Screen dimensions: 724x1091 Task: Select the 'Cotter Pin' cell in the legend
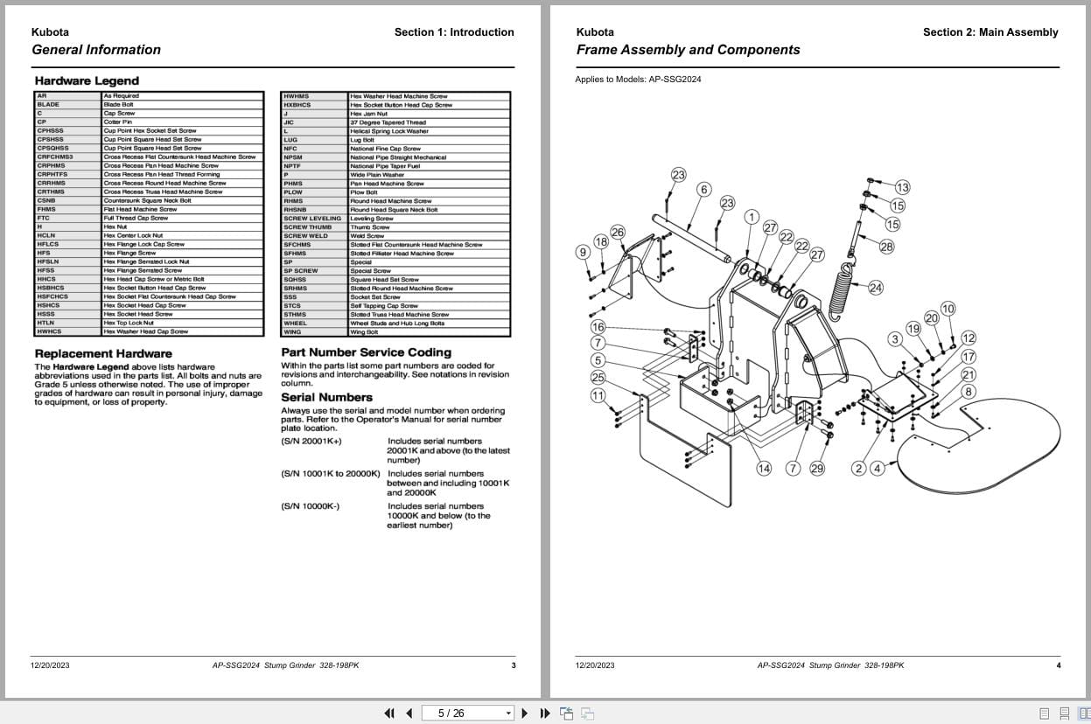(118, 122)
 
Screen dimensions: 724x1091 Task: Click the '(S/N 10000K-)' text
(311, 506)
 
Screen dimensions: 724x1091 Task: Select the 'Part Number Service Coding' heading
(366, 352)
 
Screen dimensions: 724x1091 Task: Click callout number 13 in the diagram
(902, 187)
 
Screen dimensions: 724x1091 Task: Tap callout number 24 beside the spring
(875, 287)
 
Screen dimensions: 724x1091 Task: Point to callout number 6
(704, 190)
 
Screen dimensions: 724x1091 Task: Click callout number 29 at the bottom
(817, 469)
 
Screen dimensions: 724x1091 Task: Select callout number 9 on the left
(583, 253)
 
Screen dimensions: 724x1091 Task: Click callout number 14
(764, 469)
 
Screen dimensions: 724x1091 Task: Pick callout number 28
(886, 247)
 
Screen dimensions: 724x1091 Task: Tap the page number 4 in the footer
(1058, 665)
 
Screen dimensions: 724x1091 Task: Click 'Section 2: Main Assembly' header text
(990, 32)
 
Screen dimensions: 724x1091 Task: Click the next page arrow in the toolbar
(525, 714)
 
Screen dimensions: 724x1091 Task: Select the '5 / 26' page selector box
(467, 714)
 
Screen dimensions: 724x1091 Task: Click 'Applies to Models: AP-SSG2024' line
(638, 80)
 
